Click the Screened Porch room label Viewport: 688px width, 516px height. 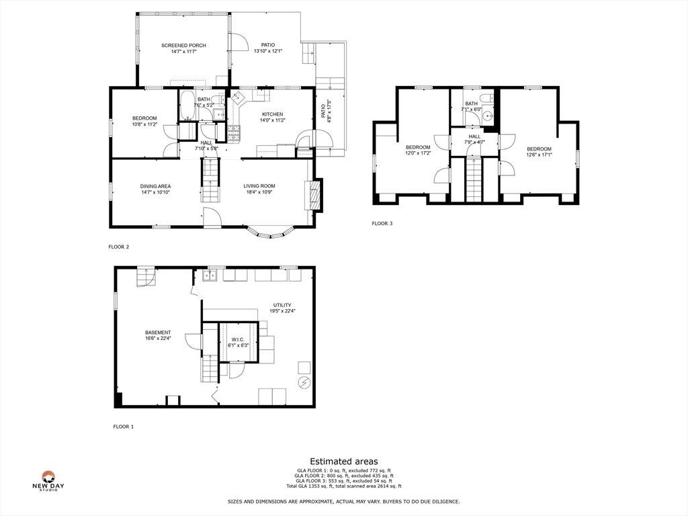(x=183, y=45)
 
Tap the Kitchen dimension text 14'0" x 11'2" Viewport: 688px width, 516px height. (x=273, y=120)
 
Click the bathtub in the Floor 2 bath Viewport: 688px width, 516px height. (x=188, y=105)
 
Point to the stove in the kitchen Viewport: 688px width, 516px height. (x=234, y=134)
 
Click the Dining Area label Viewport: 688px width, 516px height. (x=155, y=186)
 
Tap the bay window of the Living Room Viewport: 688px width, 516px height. (x=271, y=232)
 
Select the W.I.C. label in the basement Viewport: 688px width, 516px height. (x=238, y=339)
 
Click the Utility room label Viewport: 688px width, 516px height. (x=282, y=305)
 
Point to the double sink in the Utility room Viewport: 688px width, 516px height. (x=209, y=275)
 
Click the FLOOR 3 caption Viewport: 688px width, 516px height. (x=382, y=223)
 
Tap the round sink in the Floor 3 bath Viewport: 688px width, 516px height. (x=487, y=116)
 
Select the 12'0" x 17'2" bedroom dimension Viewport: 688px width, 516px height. (x=418, y=153)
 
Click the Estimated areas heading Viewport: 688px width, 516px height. (x=344, y=461)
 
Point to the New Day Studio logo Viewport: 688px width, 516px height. (x=48, y=480)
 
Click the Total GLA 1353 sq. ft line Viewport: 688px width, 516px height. (x=343, y=486)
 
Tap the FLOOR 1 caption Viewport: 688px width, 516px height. (x=124, y=427)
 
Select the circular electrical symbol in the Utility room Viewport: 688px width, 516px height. (x=304, y=382)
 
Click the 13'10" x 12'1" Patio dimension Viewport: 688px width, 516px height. (x=267, y=51)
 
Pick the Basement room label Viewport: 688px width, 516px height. (x=158, y=333)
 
